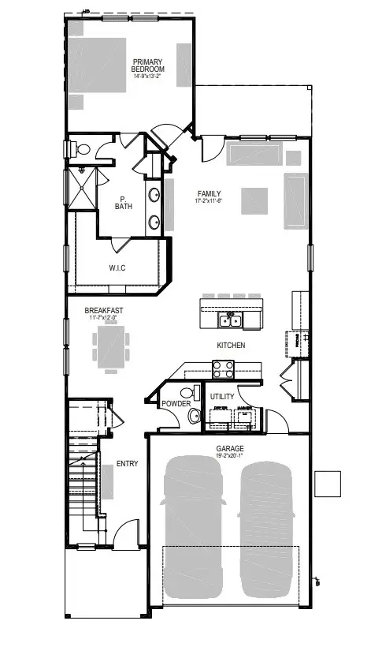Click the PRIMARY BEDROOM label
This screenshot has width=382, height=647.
pos(147,65)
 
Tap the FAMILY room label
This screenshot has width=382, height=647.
pos(209,193)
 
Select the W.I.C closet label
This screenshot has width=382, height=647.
pos(117,268)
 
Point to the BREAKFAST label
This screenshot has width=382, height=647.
pos(104,311)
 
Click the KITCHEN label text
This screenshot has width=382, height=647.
pos(231,346)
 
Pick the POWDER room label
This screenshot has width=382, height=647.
pos(176,404)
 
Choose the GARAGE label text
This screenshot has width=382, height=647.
pos(230,447)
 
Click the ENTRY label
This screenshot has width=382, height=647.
pos(127,464)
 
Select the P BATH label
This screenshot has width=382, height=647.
pos(123,203)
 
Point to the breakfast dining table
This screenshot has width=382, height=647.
pos(110,346)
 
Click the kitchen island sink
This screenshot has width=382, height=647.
pos(231,320)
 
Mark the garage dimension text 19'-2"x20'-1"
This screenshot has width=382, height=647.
pos(230,455)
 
